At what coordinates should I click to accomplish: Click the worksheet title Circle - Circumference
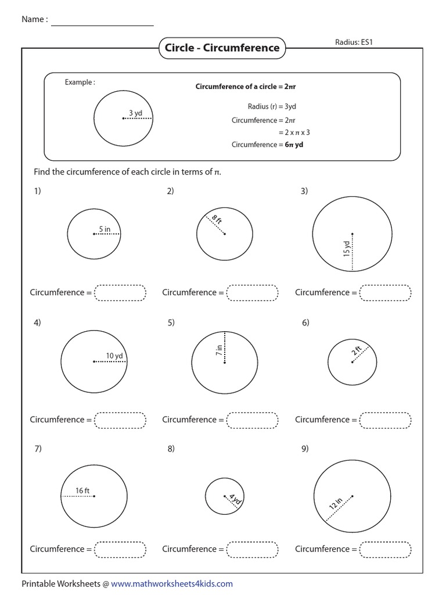(222, 48)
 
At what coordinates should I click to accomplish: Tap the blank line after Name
(103, 22)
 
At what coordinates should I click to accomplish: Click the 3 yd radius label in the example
(135, 113)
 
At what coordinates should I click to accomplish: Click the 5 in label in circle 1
(105, 230)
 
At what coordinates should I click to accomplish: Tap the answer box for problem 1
(120, 293)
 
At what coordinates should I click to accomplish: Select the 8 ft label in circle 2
(217, 221)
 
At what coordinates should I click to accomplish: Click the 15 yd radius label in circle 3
(347, 249)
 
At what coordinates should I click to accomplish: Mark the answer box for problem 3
(386, 293)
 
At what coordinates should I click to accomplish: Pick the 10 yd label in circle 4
(114, 356)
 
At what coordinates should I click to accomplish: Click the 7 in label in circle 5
(219, 350)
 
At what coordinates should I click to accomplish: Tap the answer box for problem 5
(253, 420)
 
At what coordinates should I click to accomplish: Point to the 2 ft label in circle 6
(357, 352)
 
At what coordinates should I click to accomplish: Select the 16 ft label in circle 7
(82, 491)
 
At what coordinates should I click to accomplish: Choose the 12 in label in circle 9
(336, 503)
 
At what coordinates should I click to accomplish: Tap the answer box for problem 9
(386, 549)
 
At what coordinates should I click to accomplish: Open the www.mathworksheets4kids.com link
(172, 584)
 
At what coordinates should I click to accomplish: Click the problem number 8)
(171, 449)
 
